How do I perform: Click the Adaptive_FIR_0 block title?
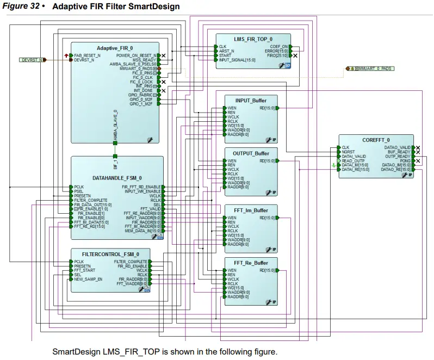click(114, 48)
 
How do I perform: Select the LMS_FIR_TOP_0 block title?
click(253, 39)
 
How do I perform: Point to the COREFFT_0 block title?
click(376, 140)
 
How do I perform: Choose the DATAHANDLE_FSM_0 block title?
click(117, 178)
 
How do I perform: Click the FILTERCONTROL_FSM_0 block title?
click(110, 254)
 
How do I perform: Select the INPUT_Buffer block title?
click(251, 100)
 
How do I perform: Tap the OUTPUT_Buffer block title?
click(251, 153)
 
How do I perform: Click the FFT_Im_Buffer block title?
click(251, 210)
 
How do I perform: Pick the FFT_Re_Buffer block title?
click(251, 263)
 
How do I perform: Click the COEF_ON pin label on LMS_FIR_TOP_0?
click(279, 47)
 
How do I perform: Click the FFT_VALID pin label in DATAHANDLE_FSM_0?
click(151, 209)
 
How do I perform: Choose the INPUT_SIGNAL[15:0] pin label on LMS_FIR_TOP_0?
click(237, 60)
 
